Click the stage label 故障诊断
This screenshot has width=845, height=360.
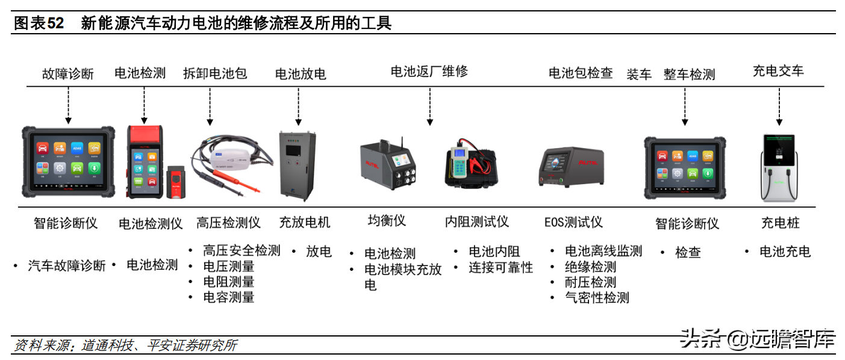click(x=68, y=74)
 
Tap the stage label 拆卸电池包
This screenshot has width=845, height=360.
click(x=215, y=73)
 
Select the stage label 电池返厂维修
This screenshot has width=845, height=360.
click(x=429, y=71)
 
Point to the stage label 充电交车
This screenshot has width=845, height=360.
click(x=778, y=70)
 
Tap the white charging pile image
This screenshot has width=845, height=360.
click(x=781, y=167)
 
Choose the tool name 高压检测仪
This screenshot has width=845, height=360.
click(x=228, y=223)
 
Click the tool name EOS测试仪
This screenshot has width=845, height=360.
click(x=573, y=223)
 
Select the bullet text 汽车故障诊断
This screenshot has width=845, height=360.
click(x=67, y=265)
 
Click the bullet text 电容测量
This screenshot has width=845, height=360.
click(x=229, y=297)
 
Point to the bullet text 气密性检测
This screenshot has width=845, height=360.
click(x=597, y=297)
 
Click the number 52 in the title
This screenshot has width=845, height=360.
click(x=55, y=23)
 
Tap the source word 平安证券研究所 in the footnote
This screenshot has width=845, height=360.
click(x=192, y=346)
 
